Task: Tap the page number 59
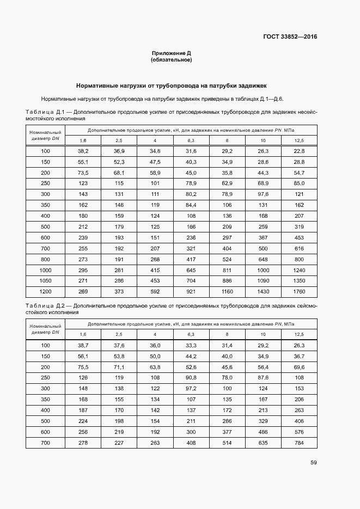(313, 463)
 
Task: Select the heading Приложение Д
(172, 53)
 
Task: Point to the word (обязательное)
(172, 60)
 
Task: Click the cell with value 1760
(299, 291)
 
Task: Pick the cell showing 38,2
(83, 151)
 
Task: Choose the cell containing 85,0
(299, 183)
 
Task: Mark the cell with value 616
(299, 248)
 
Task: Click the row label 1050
(45, 280)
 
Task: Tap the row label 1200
(45, 291)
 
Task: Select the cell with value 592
(155, 291)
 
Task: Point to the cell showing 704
(191, 280)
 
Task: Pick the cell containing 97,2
(191, 388)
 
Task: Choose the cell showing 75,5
(83, 367)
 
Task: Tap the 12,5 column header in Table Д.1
(299, 140)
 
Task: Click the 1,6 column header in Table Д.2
(83, 334)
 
